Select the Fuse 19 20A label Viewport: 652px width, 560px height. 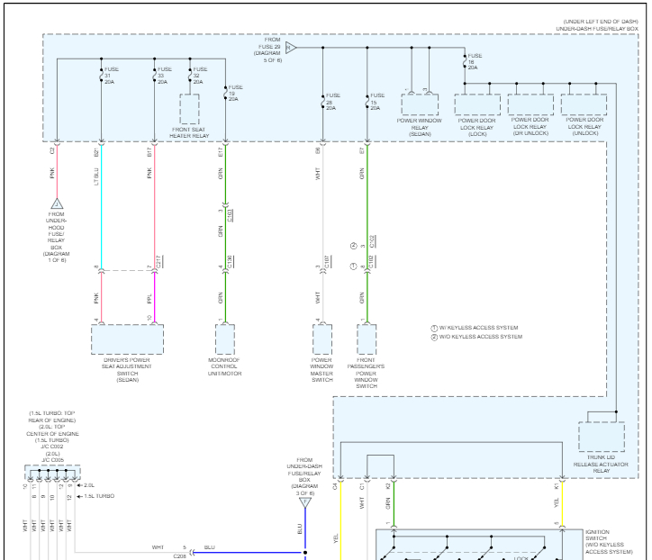tap(234, 92)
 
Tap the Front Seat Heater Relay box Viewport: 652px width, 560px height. tap(190, 109)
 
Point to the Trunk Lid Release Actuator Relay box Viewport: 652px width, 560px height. tap(602, 437)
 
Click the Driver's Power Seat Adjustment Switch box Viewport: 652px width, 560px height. tap(127, 340)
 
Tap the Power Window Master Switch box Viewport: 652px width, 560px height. tap(322, 340)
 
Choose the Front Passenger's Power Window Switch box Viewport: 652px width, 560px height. tap(367, 340)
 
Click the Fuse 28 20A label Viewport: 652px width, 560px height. tap(331, 102)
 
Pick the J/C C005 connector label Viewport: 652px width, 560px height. tap(51, 460)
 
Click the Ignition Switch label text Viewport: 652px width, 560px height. tap(610, 541)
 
